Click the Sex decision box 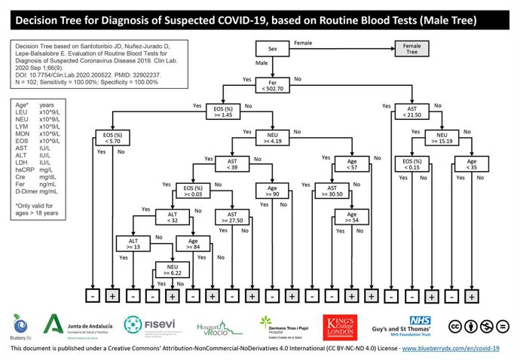(x=272, y=50)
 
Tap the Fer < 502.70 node (x=273, y=84)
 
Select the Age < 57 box (x=351, y=163)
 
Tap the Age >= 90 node (x=273, y=190)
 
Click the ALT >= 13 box (x=133, y=243)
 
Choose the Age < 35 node (x=471, y=163)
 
